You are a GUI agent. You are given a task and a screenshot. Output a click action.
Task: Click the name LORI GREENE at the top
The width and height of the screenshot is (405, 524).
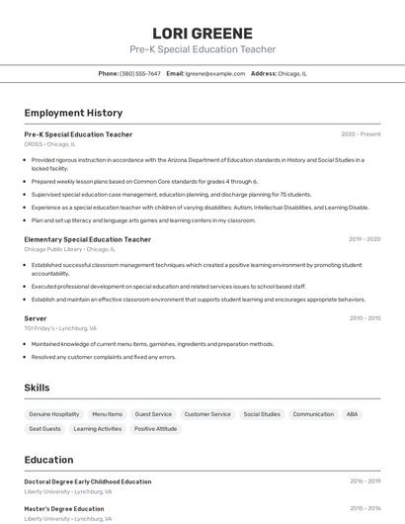pos(202,33)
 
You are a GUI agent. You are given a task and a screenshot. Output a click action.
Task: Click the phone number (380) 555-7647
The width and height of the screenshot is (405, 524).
pos(140,73)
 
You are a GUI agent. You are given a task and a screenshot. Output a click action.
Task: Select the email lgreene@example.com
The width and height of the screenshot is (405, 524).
pos(215,73)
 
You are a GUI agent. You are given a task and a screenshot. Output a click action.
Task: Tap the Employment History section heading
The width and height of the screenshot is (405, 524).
pos(73,113)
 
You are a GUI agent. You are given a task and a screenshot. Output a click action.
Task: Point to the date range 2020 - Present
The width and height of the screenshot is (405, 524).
pos(361,134)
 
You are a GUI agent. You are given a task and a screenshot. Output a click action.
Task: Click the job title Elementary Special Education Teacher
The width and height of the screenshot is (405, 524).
pos(88,239)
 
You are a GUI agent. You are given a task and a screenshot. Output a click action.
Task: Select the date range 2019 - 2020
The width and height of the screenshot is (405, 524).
pos(364,239)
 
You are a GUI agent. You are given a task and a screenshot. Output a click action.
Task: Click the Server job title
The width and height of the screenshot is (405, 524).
pos(36,318)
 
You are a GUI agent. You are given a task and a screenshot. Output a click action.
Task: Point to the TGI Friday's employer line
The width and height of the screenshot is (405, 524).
pos(60,328)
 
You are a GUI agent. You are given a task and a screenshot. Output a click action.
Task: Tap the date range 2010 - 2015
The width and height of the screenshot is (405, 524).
pos(364,318)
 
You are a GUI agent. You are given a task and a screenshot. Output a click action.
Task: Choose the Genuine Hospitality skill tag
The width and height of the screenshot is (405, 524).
pos(53,414)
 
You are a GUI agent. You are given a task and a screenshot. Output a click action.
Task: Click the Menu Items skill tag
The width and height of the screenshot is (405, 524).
pos(107,414)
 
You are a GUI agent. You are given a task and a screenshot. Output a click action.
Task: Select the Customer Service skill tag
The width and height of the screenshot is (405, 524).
pos(207,414)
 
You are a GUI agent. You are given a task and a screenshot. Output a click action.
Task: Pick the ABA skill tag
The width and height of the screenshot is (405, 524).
pos(352,414)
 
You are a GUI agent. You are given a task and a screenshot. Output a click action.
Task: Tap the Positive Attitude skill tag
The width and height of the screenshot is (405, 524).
pos(155,429)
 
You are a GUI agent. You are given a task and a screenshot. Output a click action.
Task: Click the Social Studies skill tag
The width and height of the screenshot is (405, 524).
pos(262,414)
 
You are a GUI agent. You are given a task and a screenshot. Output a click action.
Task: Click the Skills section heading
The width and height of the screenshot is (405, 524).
pos(37,388)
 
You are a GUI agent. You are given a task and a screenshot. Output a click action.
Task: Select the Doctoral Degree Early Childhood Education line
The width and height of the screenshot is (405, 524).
pos(88,481)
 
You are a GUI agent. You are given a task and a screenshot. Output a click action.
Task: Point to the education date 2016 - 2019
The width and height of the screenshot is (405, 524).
pos(364,481)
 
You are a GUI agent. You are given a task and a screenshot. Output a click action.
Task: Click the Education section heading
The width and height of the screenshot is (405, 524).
pos(48,460)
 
